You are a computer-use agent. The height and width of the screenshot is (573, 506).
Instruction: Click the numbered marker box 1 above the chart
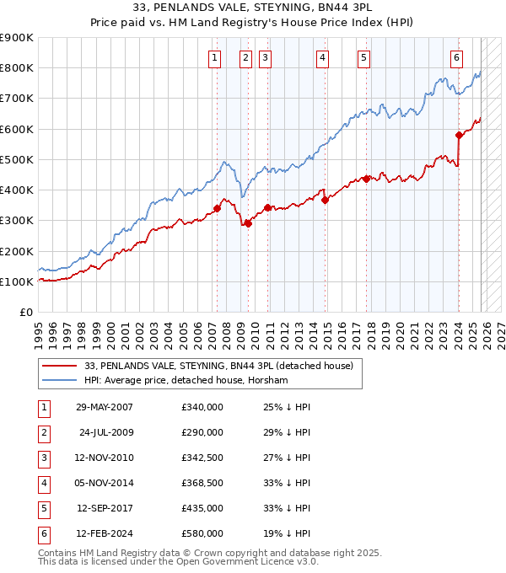214,58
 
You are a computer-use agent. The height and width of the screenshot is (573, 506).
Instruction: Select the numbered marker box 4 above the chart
323,58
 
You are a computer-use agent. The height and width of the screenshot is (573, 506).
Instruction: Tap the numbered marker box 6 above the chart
456,58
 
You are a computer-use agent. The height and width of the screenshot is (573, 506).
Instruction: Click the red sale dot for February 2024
459,135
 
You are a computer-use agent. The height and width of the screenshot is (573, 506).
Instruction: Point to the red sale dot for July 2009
249,223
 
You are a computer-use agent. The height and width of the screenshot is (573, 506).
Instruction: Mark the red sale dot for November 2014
325,200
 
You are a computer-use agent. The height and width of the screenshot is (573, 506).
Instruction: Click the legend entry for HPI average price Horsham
186,380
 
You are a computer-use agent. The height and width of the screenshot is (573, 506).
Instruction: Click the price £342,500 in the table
202,458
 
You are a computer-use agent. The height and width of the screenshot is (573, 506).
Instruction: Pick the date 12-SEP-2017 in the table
105,508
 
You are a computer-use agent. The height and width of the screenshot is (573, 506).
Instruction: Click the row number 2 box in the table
42,432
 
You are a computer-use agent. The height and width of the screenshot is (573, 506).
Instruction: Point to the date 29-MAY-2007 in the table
105,407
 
